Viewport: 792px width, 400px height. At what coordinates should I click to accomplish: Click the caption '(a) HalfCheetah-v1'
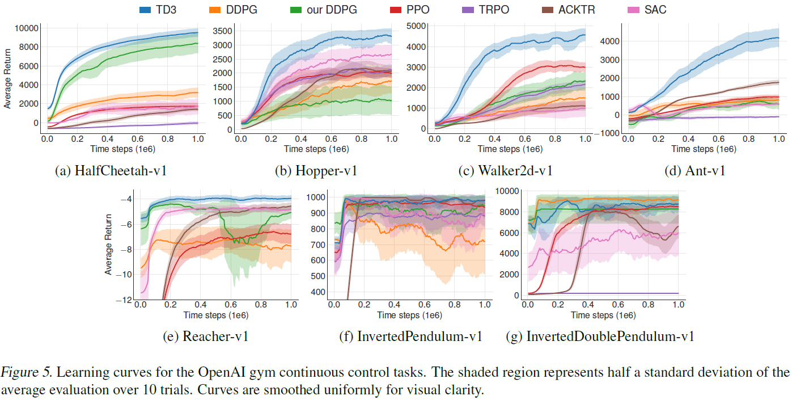point(111,170)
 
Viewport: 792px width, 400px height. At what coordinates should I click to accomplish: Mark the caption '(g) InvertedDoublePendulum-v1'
point(600,336)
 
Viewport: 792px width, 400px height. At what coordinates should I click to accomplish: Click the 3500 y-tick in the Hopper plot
point(221,31)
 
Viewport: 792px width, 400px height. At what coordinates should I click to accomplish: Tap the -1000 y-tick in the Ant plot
point(609,133)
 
